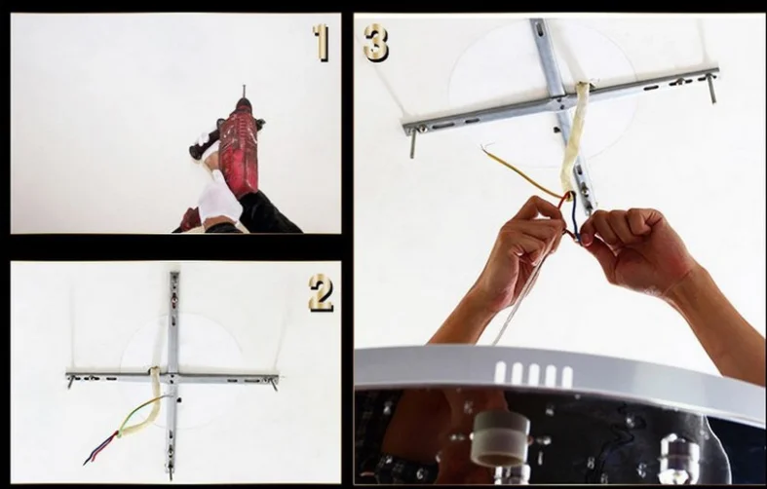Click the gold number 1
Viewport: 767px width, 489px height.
click(x=322, y=43)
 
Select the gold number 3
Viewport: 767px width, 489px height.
click(x=376, y=43)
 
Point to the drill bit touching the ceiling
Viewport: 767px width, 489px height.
click(x=243, y=92)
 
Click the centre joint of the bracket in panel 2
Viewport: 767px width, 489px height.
click(x=173, y=378)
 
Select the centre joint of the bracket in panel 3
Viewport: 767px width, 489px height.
click(x=557, y=101)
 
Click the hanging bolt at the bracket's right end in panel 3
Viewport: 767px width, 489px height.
click(x=711, y=87)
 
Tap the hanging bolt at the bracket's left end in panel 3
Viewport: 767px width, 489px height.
click(x=413, y=143)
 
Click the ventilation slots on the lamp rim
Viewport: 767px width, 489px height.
click(x=533, y=374)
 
